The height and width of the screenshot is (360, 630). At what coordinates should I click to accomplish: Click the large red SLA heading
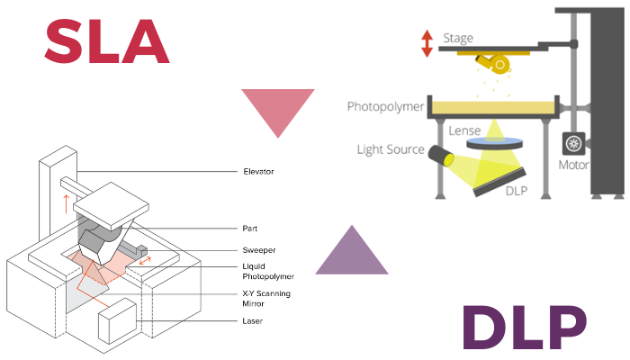[106, 41]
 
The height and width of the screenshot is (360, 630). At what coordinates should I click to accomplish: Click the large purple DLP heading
[525, 329]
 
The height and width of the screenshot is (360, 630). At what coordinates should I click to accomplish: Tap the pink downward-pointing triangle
[277, 111]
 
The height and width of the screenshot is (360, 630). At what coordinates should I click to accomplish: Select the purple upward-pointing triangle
[352, 252]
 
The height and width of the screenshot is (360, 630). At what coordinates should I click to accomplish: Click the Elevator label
[258, 170]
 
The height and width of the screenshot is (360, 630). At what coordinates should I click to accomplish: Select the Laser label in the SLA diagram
[253, 320]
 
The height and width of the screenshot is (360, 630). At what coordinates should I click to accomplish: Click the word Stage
[458, 40]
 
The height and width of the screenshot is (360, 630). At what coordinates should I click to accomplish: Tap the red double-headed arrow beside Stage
[427, 42]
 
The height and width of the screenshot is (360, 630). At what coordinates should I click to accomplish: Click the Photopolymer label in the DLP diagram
[385, 107]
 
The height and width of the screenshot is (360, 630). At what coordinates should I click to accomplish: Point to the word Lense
[464, 130]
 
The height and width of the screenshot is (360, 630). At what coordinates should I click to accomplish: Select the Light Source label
[390, 149]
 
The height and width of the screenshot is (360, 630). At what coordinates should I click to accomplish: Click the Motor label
[573, 166]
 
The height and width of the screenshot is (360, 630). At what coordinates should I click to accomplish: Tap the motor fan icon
[573, 144]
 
